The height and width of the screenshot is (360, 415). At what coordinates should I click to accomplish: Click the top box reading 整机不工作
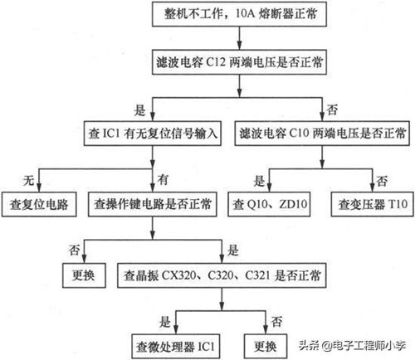click(x=239, y=14)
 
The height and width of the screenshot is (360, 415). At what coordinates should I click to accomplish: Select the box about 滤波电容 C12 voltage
click(x=239, y=62)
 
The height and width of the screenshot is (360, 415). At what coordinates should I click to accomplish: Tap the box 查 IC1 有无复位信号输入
click(x=153, y=134)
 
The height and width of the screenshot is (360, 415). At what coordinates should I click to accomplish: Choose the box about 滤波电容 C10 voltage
click(x=322, y=134)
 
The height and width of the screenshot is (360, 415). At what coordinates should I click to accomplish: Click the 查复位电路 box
click(x=39, y=204)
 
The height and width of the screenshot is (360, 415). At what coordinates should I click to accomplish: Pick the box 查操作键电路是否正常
click(x=153, y=204)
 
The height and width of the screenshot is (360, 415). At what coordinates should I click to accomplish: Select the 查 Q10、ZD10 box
click(x=269, y=204)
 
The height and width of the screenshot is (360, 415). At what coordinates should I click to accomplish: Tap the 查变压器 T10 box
click(x=373, y=204)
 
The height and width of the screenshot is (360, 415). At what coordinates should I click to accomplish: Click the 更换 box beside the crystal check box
click(x=84, y=275)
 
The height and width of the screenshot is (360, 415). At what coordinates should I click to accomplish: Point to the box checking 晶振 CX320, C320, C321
click(x=222, y=275)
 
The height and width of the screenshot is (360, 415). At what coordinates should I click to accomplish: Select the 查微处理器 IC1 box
click(x=176, y=347)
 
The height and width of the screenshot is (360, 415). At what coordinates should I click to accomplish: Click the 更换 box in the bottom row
click(x=266, y=347)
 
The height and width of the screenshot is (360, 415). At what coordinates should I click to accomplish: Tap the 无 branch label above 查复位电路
click(x=28, y=180)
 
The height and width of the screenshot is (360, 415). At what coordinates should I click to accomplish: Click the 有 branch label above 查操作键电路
click(x=163, y=180)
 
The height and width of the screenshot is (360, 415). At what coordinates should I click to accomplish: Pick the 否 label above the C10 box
click(x=332, y=109)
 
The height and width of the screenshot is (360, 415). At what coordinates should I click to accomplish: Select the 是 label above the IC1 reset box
click(x=139, y=110)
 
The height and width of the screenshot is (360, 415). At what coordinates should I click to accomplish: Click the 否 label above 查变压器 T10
click(x=382, y=181)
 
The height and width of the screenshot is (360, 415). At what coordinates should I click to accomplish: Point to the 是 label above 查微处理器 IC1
click(x=165, y=322)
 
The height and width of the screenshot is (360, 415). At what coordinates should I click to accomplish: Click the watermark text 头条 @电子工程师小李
click(x=352, y=345)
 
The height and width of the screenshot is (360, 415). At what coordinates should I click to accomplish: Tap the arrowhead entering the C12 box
click(x=240, y=46)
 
